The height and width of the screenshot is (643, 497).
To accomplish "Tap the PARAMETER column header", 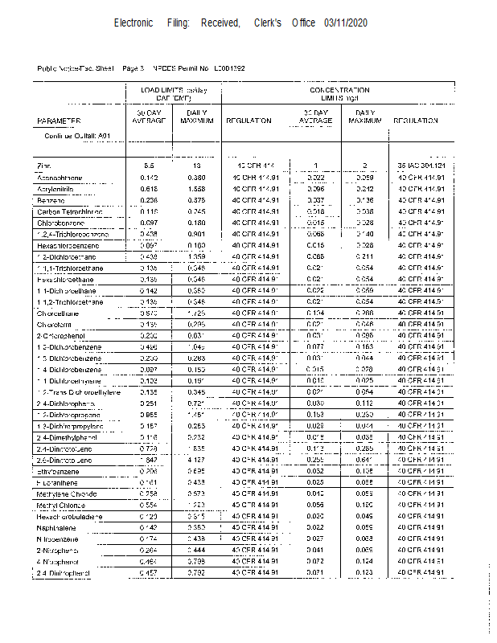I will (60, 121).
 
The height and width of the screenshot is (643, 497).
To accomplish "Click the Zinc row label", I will (44, 166).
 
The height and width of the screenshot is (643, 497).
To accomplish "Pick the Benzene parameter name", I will (51, 200).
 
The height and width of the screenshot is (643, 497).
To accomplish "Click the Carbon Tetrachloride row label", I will (71, 211).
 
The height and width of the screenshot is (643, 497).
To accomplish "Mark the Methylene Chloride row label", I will (67, 493).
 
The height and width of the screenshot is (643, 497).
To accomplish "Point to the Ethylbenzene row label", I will (57, 470).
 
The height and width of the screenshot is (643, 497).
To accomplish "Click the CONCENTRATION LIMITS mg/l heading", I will (340, 93).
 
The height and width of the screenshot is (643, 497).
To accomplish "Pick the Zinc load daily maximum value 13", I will (195, 166).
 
